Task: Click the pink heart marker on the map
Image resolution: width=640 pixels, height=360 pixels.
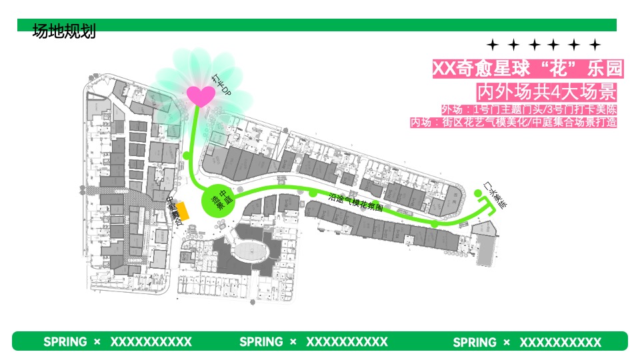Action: (200, 95)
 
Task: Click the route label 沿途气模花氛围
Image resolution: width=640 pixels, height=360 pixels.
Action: (356, 202)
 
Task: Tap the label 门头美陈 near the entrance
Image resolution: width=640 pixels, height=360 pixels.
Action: (495, 197)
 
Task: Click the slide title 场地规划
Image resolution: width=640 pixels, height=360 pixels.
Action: (64, 31)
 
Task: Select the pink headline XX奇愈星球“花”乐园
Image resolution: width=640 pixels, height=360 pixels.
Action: (528, 69)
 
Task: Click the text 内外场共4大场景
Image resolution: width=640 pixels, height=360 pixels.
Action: (546, 91)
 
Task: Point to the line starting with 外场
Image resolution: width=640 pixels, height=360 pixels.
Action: (529, 109)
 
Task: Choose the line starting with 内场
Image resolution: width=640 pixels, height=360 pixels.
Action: (513, 122)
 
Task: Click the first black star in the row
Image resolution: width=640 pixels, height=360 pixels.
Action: (493, 45)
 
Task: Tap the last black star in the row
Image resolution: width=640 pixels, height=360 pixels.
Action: (595, 45)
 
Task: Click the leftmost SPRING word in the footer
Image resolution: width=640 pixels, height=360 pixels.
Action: (65, 342)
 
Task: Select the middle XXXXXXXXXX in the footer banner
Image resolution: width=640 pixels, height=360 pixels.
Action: (347, 342)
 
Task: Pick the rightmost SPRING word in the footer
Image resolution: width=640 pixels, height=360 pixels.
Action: (475, 342)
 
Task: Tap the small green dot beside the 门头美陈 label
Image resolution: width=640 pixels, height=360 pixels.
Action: (477, 193)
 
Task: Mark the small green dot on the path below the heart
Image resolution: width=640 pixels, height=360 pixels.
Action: (187, 155)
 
